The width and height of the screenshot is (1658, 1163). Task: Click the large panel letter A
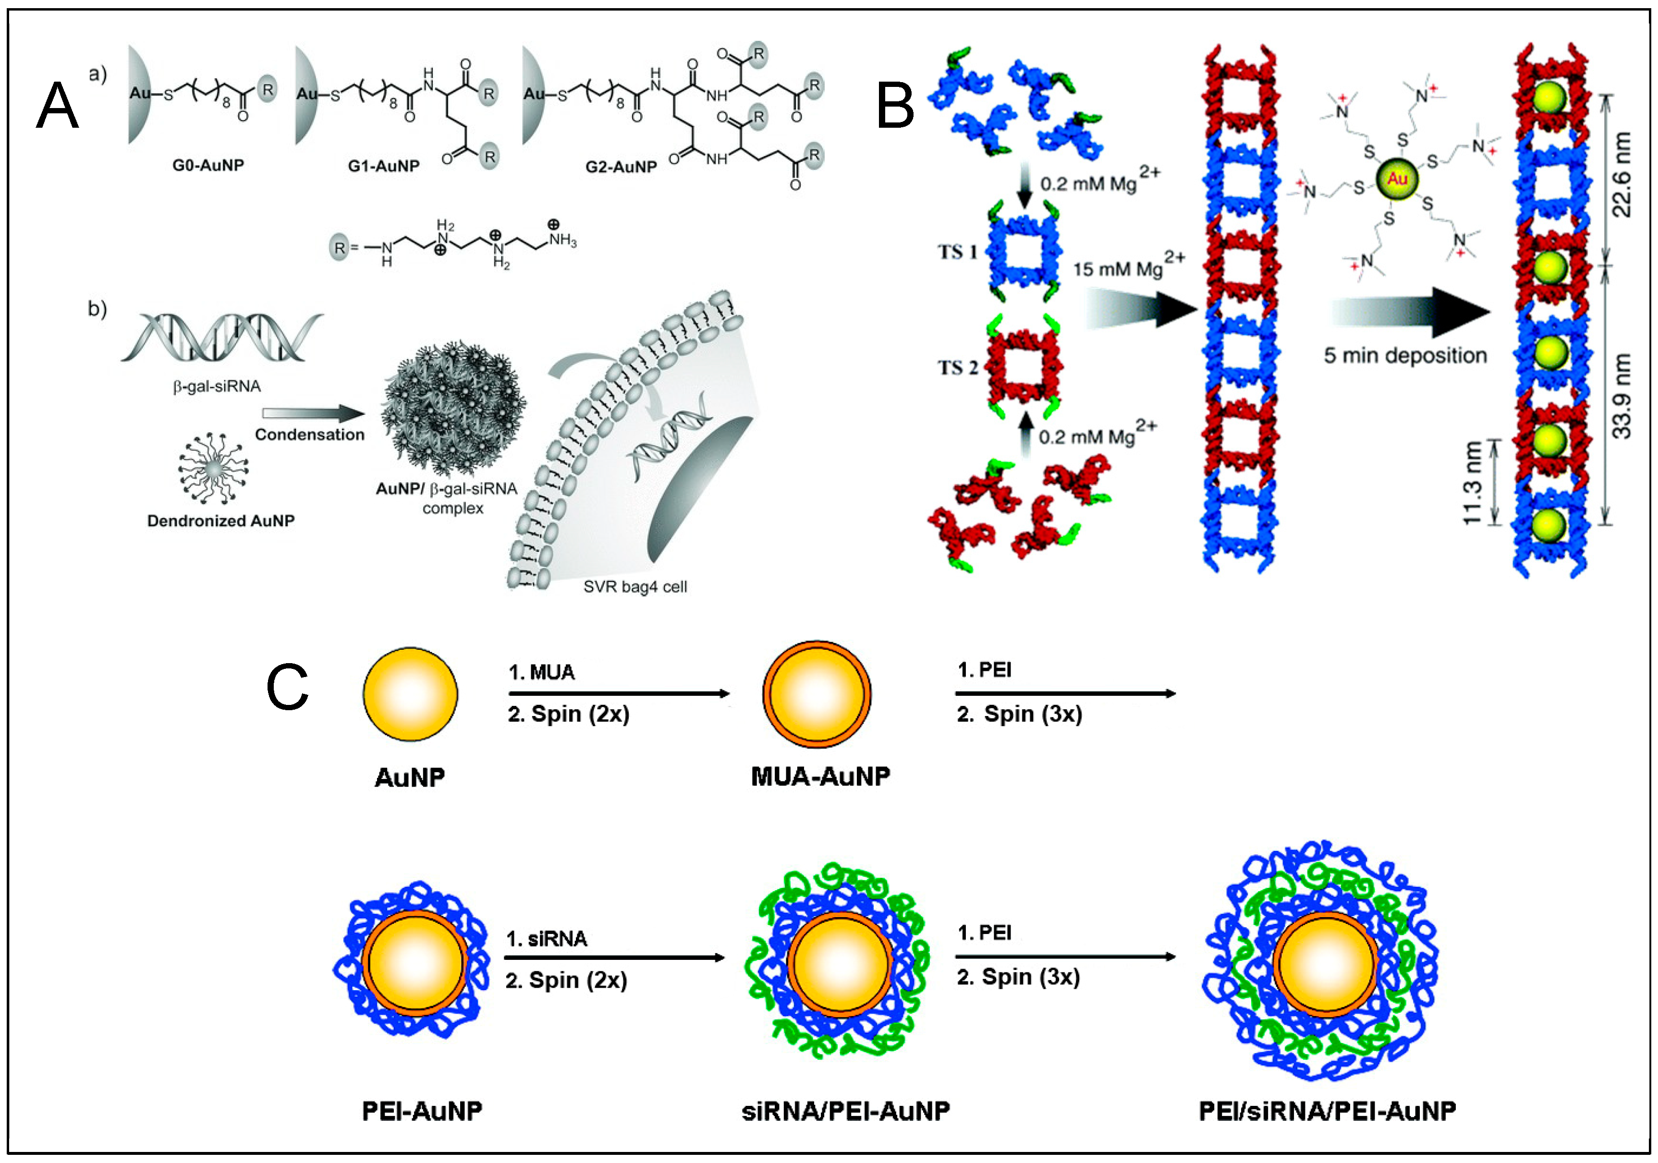(57, 106)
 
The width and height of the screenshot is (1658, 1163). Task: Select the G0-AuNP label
(208, 165)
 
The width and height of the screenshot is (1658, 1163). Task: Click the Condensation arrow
(314, 413)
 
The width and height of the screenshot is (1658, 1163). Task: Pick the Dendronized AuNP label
(221, 521)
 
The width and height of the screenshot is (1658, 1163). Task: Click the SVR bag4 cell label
(635, 587)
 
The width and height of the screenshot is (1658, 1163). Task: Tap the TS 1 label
(958, 252)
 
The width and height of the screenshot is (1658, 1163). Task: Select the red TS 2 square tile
(1023, 367)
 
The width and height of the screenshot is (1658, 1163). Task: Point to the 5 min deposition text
(1404, 355)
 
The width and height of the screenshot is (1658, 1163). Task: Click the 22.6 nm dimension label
(1621, 175)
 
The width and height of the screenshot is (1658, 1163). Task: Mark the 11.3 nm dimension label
(1472, 482)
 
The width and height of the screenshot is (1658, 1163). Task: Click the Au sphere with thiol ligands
(1397, 179)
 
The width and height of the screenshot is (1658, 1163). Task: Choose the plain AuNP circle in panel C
(410, 694)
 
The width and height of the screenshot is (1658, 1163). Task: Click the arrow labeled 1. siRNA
(614, 958)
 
